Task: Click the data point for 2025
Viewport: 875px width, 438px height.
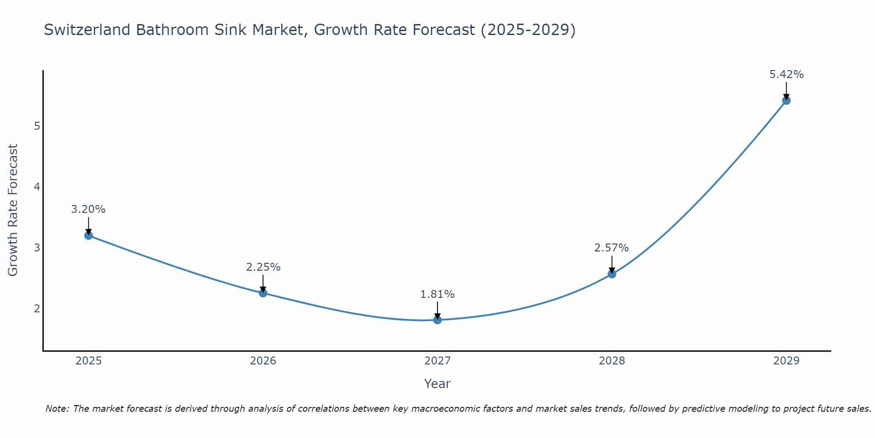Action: point(88,236)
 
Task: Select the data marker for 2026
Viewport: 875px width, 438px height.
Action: point(263,293)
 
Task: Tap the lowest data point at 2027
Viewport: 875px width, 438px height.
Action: point(437,320)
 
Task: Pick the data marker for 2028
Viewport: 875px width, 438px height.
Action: point(612,274)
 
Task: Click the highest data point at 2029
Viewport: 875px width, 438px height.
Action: point(786,101)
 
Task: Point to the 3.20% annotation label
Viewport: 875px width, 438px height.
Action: point(88,209)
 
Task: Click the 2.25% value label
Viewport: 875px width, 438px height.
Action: point(263,267)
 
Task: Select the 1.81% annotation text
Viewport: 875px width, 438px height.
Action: point(437,294)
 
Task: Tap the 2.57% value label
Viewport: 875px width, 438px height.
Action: point(612,248)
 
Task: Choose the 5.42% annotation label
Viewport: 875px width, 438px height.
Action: point(786,74)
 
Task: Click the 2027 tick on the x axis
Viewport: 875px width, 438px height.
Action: point(437,361)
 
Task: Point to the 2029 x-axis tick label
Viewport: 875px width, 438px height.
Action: point(786,361)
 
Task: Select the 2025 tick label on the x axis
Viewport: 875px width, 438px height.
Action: point(88,361)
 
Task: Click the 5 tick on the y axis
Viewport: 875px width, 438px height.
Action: point(37,126)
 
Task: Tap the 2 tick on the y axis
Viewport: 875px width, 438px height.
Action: point(37,309)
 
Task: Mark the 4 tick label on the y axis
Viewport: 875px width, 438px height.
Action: point(37,187)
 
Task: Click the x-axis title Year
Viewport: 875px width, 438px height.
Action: point(437,384)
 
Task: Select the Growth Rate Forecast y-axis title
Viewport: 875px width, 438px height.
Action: point(13,210)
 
